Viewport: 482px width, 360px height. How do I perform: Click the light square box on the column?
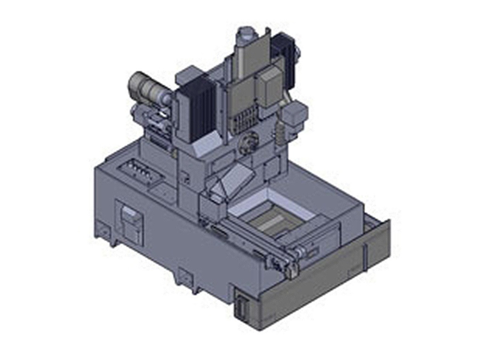tap(268, 87)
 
